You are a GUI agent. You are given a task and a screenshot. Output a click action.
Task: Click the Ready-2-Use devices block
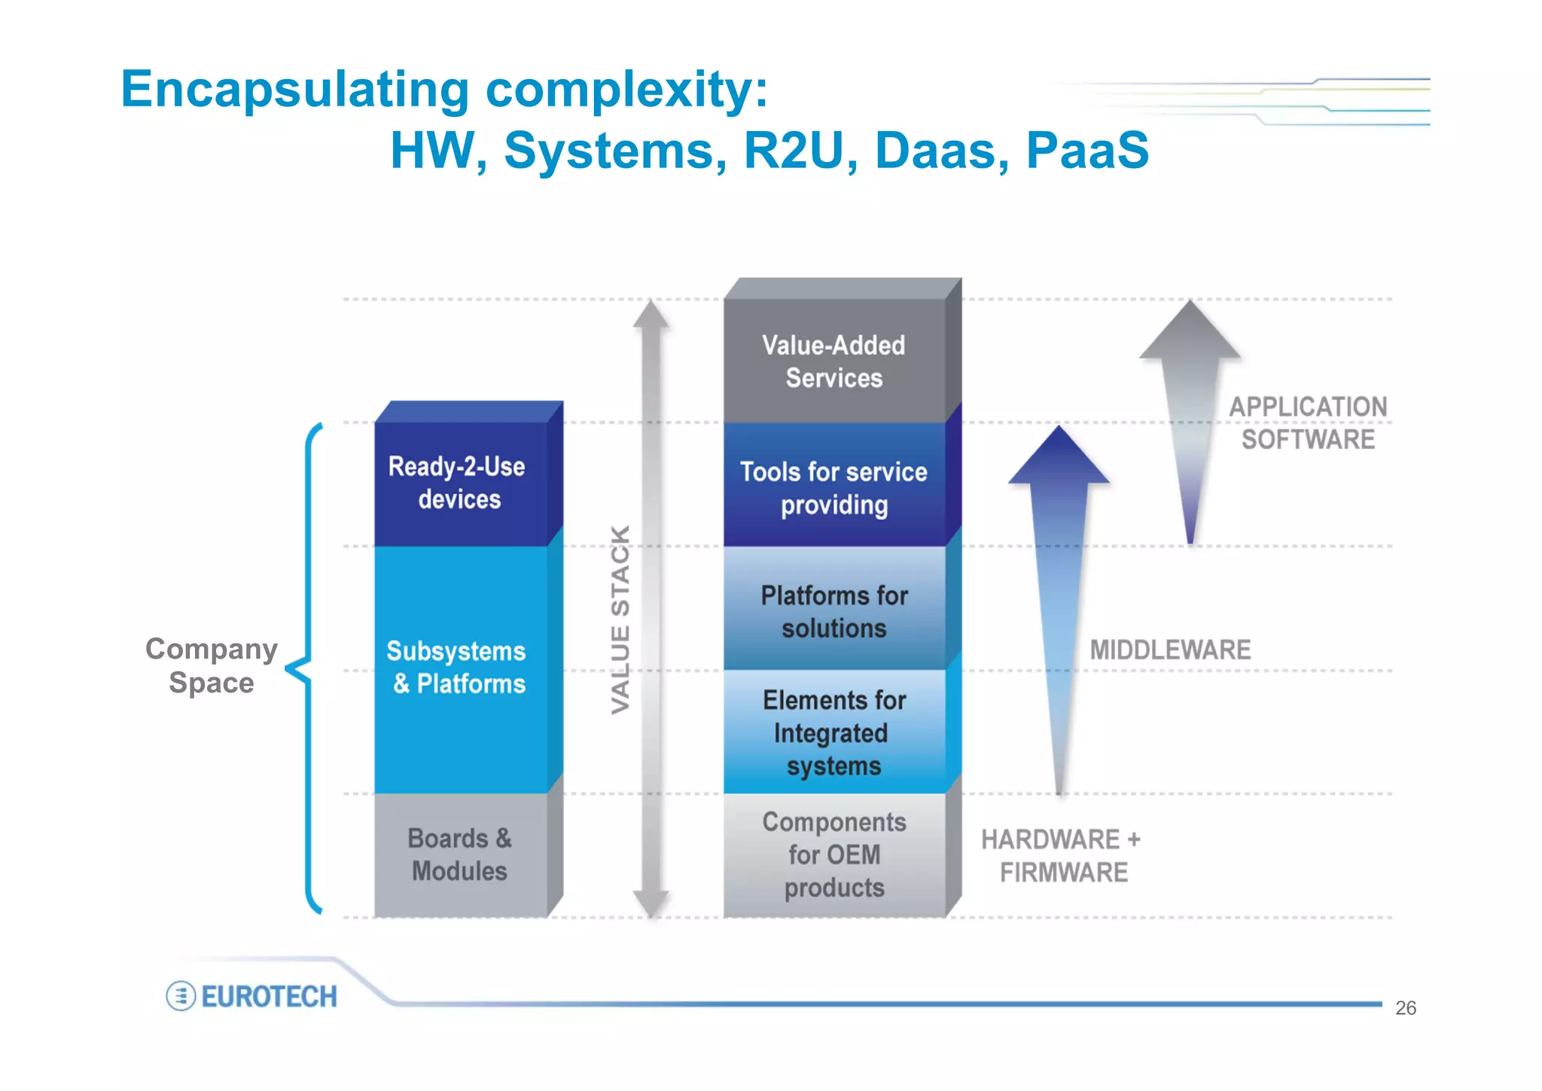pos(459,483)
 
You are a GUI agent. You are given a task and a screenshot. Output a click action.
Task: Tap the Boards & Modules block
pos(459,854)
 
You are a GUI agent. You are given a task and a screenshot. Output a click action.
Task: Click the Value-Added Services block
pos(833,362)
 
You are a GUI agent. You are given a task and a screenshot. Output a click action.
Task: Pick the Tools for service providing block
pos(833,487)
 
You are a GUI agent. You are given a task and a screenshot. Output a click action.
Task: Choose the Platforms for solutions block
pos(833,611)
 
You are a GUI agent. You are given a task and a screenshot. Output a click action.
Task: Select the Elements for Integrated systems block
pos(833,732)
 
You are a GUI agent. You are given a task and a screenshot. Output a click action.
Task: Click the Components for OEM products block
pos(833,854)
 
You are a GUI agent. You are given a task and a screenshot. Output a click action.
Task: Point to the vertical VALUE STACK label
pos(620,619)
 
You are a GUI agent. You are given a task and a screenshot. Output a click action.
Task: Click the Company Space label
pos(212,665)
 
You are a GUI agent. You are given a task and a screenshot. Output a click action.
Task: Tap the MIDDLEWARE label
pos(1170,650)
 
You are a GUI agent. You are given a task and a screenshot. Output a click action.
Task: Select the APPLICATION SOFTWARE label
pos(1308,423)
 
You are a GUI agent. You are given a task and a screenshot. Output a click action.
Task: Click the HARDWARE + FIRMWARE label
pos(1062,856)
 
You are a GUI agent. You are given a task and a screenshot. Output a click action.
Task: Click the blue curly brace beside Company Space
pos(307,668)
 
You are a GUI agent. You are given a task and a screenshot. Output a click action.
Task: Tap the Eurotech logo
pos(252,996)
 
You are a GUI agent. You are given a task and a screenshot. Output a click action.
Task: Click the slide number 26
pos(1405,1008)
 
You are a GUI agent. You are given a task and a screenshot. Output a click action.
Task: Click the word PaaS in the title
pos(1087,150)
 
